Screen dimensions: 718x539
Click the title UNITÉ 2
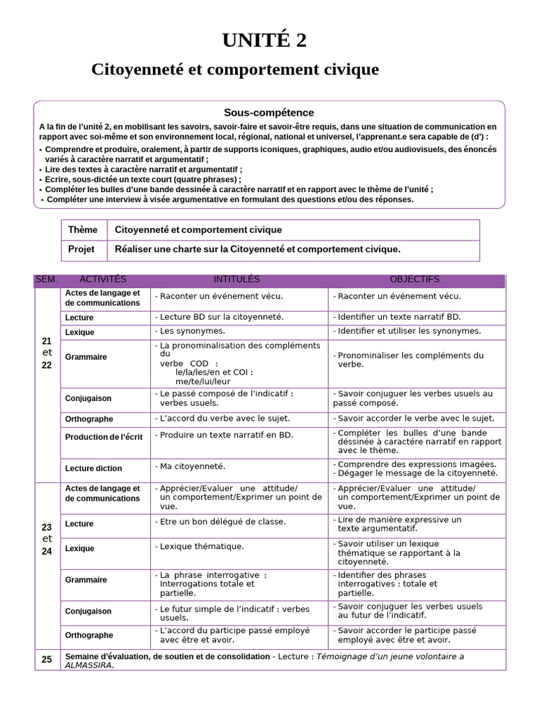[265, 41]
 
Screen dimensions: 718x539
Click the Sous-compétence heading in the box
[269, 112]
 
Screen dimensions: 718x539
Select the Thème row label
[83, 230]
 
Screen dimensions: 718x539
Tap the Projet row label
[81, 250]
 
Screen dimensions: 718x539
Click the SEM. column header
[46, 280]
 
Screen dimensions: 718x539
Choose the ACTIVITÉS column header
[103, 280]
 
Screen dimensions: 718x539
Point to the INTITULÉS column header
[237, 280]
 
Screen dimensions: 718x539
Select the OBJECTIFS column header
[414, 280]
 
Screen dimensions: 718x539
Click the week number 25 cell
[47, 659]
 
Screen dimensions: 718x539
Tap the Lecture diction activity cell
[93, 468]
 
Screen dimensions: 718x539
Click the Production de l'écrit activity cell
[103, 437]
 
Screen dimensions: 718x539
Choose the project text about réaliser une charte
[257, 250]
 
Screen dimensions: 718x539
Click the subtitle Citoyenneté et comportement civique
[235, 70]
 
